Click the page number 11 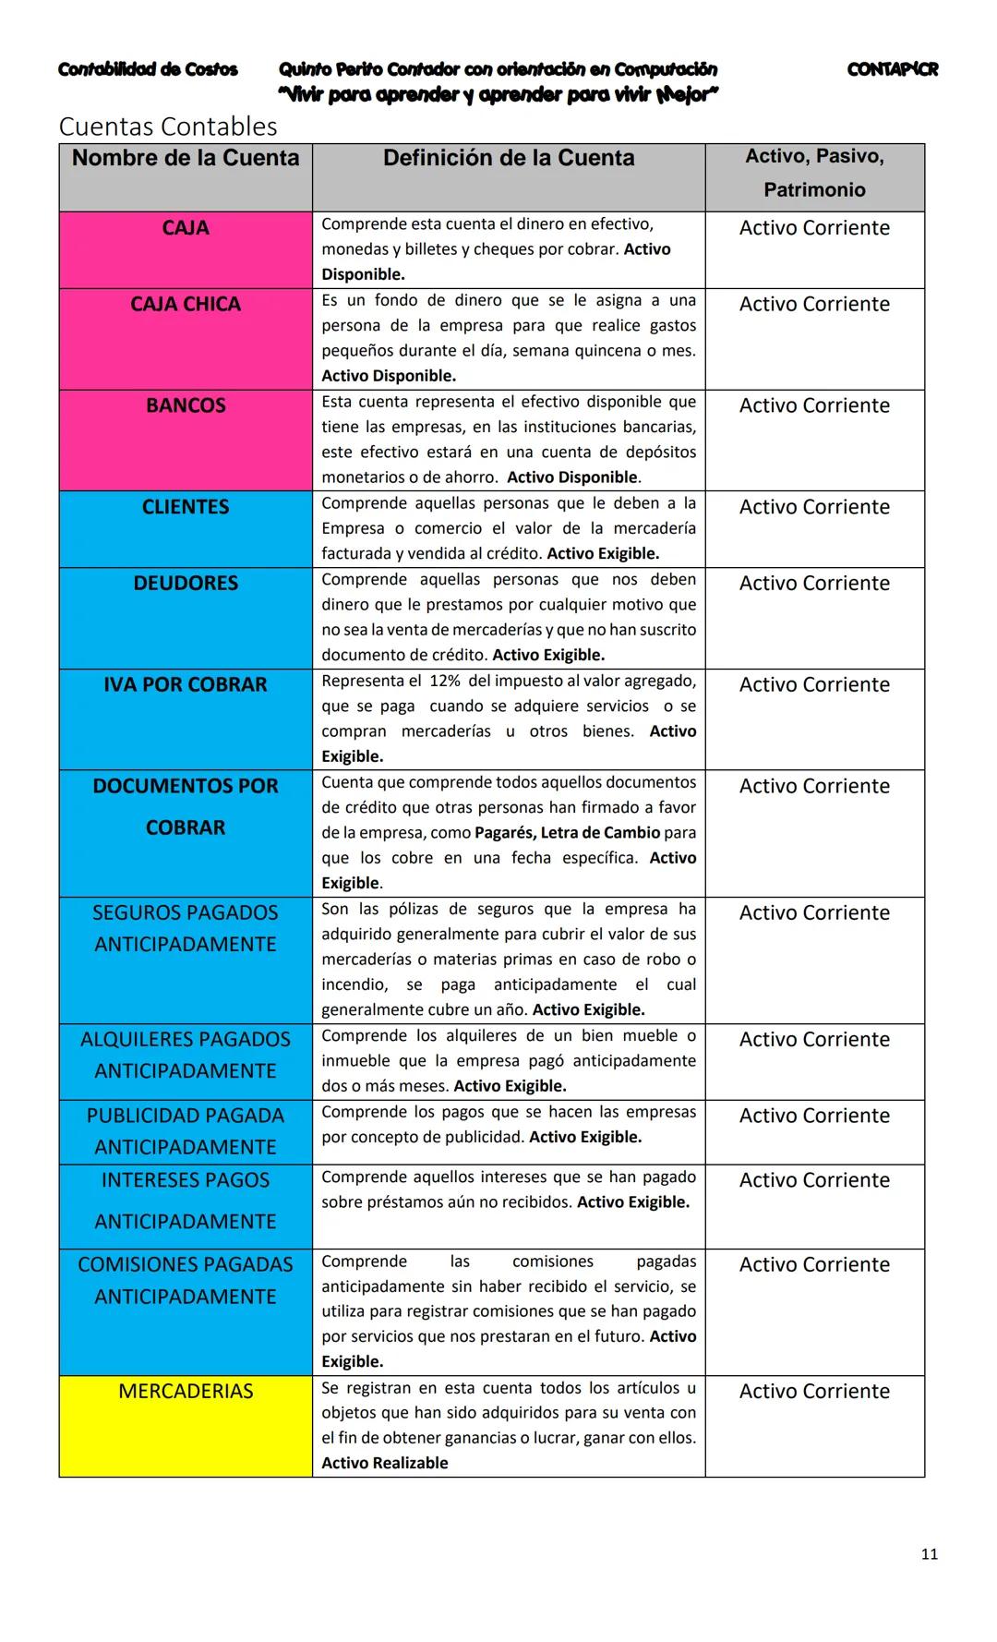(x=929, y=1554)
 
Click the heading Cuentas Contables (x=167, y=127)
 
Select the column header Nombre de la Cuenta (x=186, y=159)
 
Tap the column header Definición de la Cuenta (x=509, y=159)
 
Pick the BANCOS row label (x=186, y=406)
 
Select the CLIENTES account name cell (x=186, y=508)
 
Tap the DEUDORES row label (x=186, y=584)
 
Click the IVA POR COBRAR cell (x=186, y=685)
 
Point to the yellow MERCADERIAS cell (x=186, y=1392)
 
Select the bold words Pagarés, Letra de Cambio (x=567, y=833)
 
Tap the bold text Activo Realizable (x=384, y=1463)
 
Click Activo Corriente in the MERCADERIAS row (x=814, y=1392)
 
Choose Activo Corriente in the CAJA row (x=814, y=228)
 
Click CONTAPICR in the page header (x=892, y=69)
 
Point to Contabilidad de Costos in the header (x=148, y=69)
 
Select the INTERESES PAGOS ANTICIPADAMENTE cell (x=186, y=1201)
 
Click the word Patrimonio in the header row (x=814, y=190)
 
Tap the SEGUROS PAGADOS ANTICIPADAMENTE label (x=186, y=928)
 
